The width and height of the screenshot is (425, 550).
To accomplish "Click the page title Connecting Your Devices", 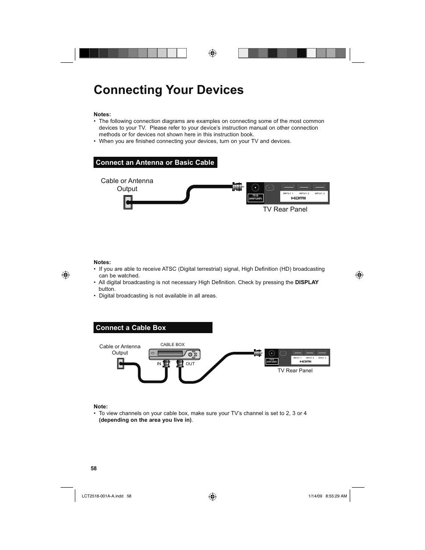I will (x=168, y=90).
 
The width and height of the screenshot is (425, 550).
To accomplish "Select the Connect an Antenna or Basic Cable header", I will (x=155, y=163).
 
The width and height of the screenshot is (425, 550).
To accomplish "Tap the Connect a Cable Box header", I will (x=131, y=328).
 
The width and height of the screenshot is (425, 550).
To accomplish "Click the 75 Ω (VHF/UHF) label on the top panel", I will (x=255, y=197).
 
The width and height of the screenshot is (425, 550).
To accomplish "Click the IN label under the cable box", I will (x=159, y=364).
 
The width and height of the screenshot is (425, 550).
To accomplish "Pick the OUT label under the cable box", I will (x=190, y=364).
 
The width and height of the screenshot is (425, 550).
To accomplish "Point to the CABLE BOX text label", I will (x=172, y=345).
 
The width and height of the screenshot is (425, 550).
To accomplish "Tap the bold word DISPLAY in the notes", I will (x=306, y=282).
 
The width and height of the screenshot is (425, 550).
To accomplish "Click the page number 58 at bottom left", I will (x=94, y=469).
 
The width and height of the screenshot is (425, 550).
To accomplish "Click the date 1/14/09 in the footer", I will (x=315, y=496).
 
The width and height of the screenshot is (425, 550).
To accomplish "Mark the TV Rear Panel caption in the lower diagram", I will (x=295, y=371).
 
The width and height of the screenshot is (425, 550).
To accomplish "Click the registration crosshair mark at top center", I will (x=212, y=53).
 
